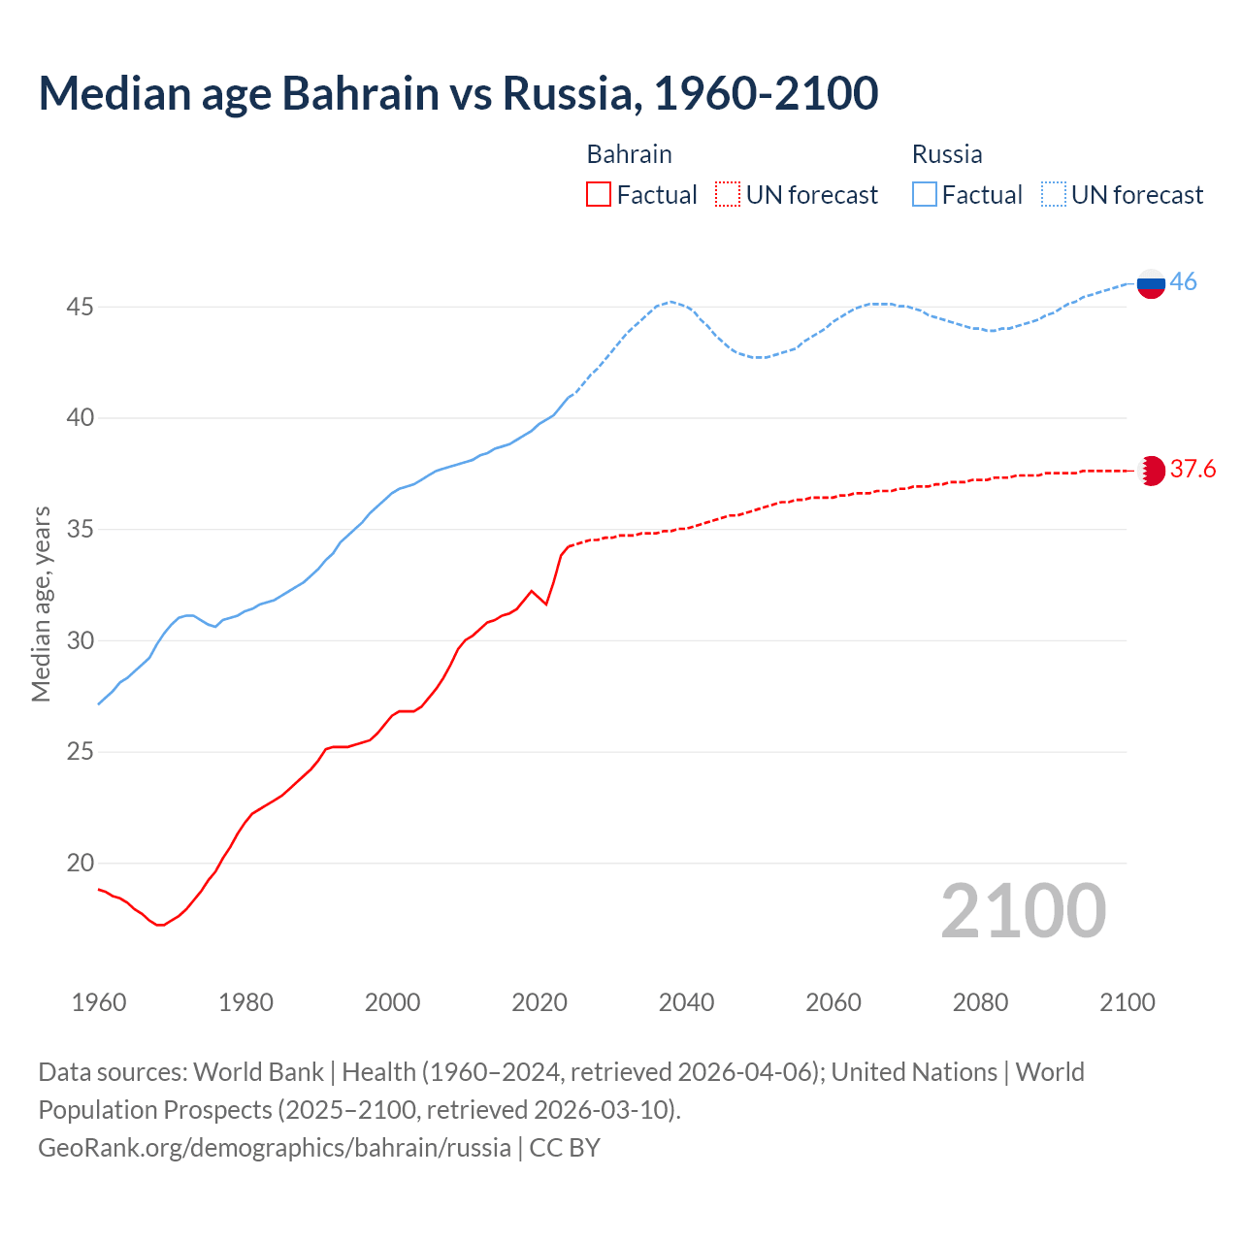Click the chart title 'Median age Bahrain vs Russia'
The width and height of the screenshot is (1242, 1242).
point(458,93)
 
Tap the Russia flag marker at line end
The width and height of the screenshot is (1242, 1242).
point(1151,283)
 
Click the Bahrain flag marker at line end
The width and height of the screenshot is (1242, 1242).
point(1151,471)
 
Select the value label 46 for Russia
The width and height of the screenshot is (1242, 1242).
point(1183,281)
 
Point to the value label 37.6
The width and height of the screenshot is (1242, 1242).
point(1193,470)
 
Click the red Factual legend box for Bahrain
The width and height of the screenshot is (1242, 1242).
point(599,195)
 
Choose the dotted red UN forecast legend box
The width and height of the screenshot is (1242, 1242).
point(728,195)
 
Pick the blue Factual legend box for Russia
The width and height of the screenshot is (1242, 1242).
point(925,195)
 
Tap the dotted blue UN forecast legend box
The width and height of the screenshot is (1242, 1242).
point(1054,195)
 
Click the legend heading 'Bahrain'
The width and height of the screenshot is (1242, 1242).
point(629,154)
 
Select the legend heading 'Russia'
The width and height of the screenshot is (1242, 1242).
point(947,154)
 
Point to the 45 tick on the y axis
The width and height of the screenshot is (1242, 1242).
point(80,308)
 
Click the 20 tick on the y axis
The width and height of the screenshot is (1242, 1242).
point(80,864)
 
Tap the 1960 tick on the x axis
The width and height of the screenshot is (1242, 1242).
point(99,1002)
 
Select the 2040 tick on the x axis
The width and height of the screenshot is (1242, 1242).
point(686,1002)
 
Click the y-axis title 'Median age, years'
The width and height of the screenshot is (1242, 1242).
point(41,604)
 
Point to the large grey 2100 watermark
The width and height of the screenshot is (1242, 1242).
point(1023,911)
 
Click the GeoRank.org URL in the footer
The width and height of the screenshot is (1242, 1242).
point(275,1148)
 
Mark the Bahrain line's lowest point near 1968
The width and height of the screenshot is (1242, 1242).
point(159,925)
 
